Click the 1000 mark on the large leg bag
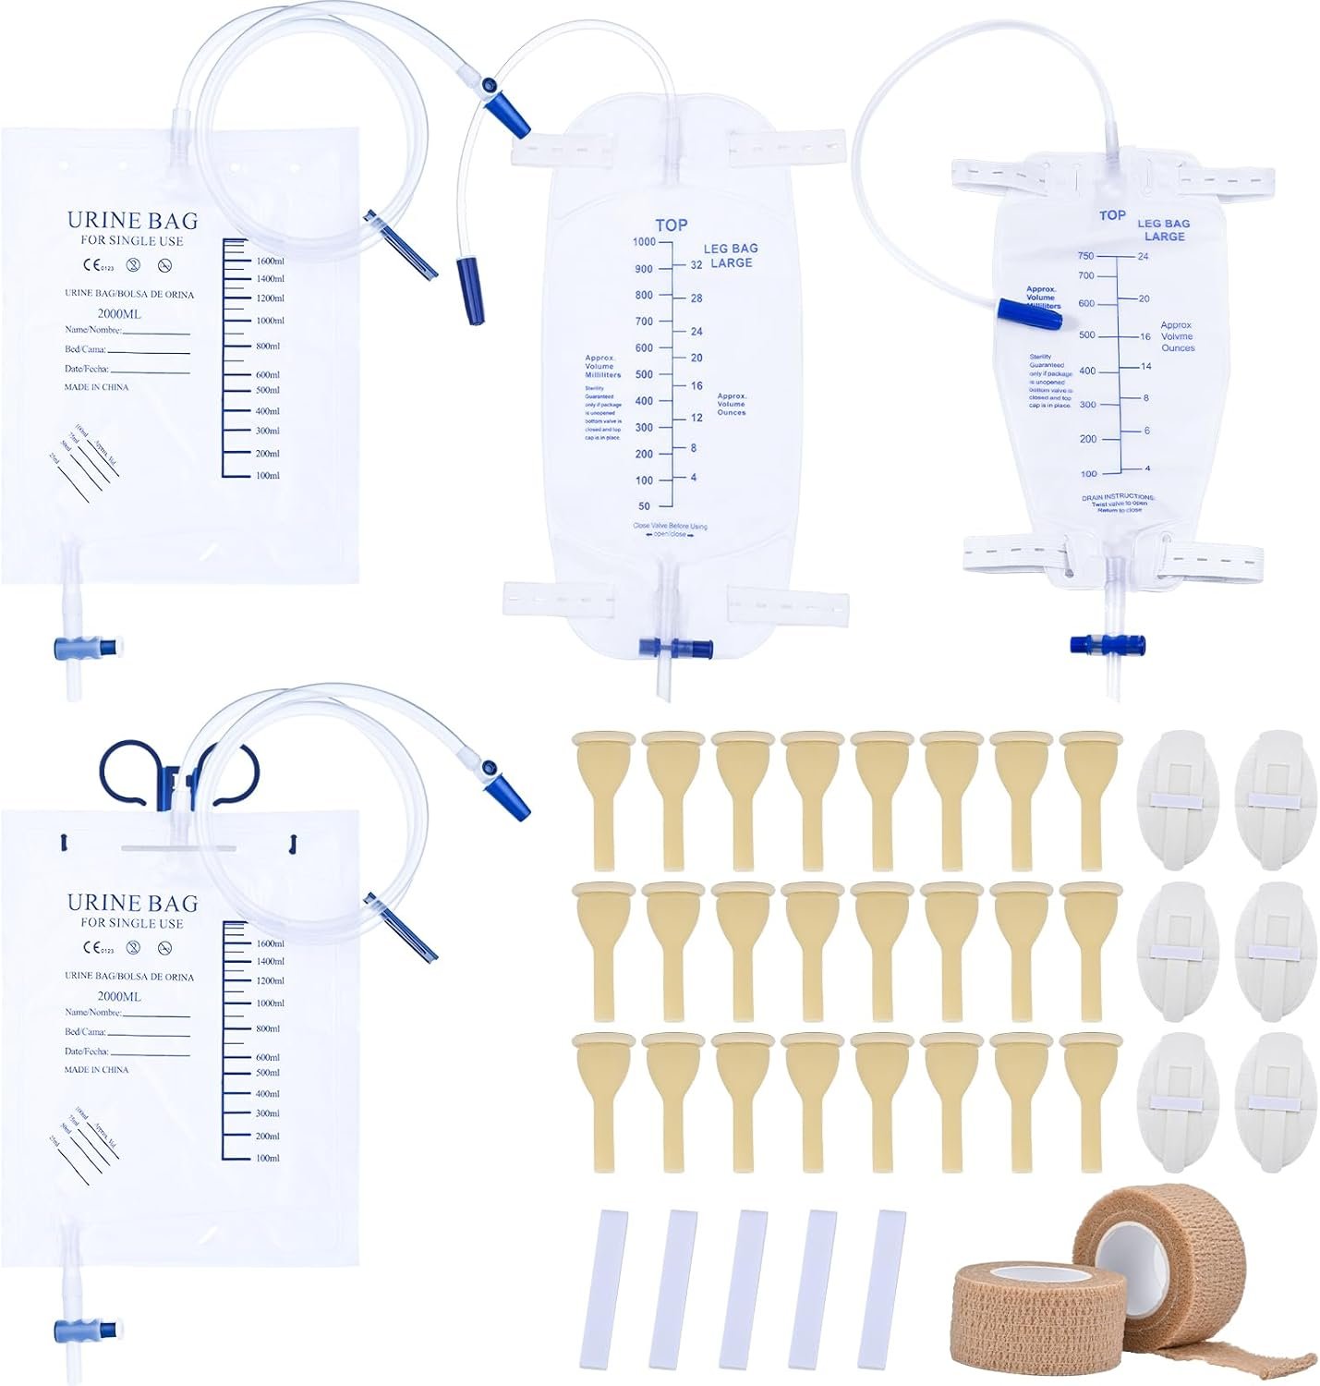click(644, 242)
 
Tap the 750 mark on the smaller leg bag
click(1085, 256)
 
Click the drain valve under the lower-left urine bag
click(87, 1331)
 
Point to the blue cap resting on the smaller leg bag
click(1030, 313)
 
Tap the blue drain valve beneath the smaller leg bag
click(1108, 644)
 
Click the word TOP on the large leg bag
click(672, 225)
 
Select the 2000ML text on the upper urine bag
click(119, 314)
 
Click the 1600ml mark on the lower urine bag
click(270, 943)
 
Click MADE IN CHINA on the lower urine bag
click(96, 1070)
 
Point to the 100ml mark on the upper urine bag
click(267, 476)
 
